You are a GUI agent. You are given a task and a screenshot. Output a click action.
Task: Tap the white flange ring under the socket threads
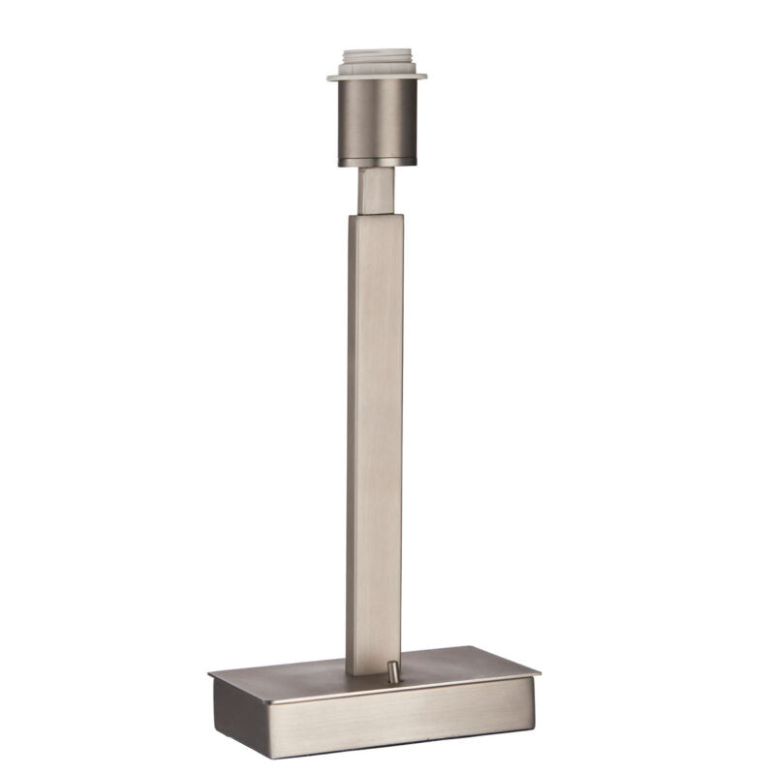pos(376,74)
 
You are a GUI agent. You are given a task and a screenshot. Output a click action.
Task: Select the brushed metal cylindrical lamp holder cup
pos(376,116)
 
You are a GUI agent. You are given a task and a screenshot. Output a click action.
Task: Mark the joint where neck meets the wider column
pos(374,215)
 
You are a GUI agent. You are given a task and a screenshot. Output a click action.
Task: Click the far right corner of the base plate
pos(540,670)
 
